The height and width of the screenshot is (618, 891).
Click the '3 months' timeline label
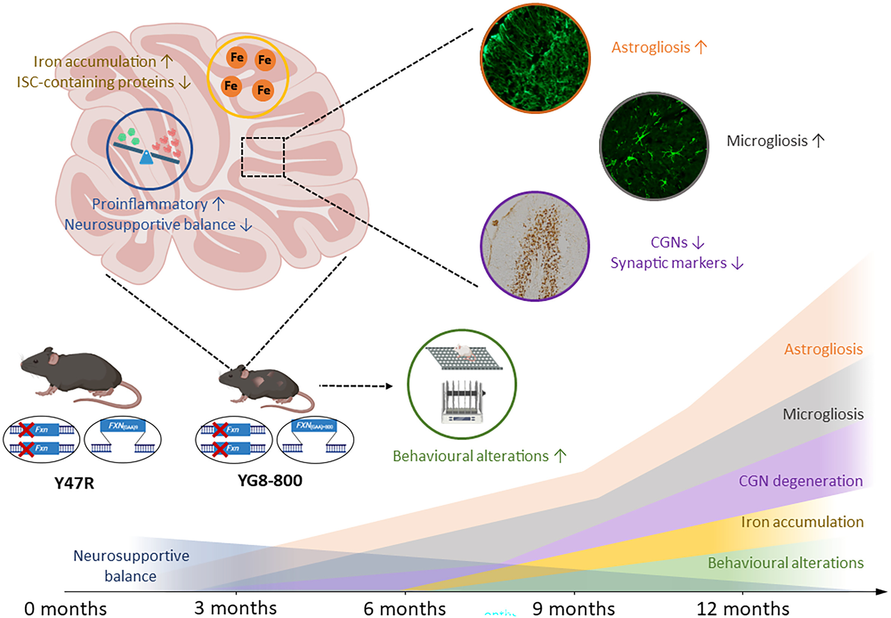click(x=235, y=608)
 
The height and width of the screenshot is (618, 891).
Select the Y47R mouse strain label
click(x=74, y=483)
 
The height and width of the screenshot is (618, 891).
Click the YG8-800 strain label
click(x=270, y=481)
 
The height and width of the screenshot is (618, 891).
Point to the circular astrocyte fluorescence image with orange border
click(x=535, y=58)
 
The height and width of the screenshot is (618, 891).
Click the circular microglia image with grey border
click(x=654, y=146)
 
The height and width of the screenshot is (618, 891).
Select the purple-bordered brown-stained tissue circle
click(x=535, y=246)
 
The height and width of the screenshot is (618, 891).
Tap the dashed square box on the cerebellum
click(x=263, y=157)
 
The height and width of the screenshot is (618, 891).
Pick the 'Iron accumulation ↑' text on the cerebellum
click(x=103, y=61)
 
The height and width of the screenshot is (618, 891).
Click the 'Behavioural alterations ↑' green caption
click(x=479, y=456)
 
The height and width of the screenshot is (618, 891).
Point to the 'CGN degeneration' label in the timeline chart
click(x=800, y=481)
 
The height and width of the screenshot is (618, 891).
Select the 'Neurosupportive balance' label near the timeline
click(x=131, y=566)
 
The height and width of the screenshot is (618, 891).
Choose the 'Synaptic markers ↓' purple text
click(x=677, y=263)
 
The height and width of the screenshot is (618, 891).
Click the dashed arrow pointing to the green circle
click(x=355, y=386)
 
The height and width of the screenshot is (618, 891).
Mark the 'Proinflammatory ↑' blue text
click(x=158, y=204)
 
